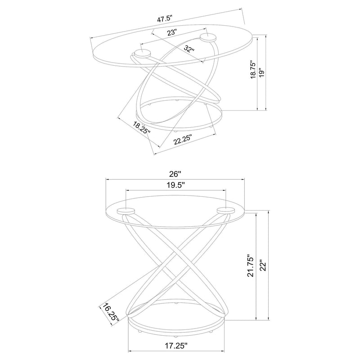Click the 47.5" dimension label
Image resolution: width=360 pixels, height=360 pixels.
164,18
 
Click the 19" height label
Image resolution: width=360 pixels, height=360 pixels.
261,73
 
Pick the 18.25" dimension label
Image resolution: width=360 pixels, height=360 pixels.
141,128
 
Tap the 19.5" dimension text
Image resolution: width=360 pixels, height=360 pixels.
175,185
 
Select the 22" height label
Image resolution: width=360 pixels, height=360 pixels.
263,265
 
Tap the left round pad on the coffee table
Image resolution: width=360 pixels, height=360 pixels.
142,54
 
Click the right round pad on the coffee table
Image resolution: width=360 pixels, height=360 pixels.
208,38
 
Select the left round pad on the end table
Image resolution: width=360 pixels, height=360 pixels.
126,211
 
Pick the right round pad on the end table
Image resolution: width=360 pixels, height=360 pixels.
226,211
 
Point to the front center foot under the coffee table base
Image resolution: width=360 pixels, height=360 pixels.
176,131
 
